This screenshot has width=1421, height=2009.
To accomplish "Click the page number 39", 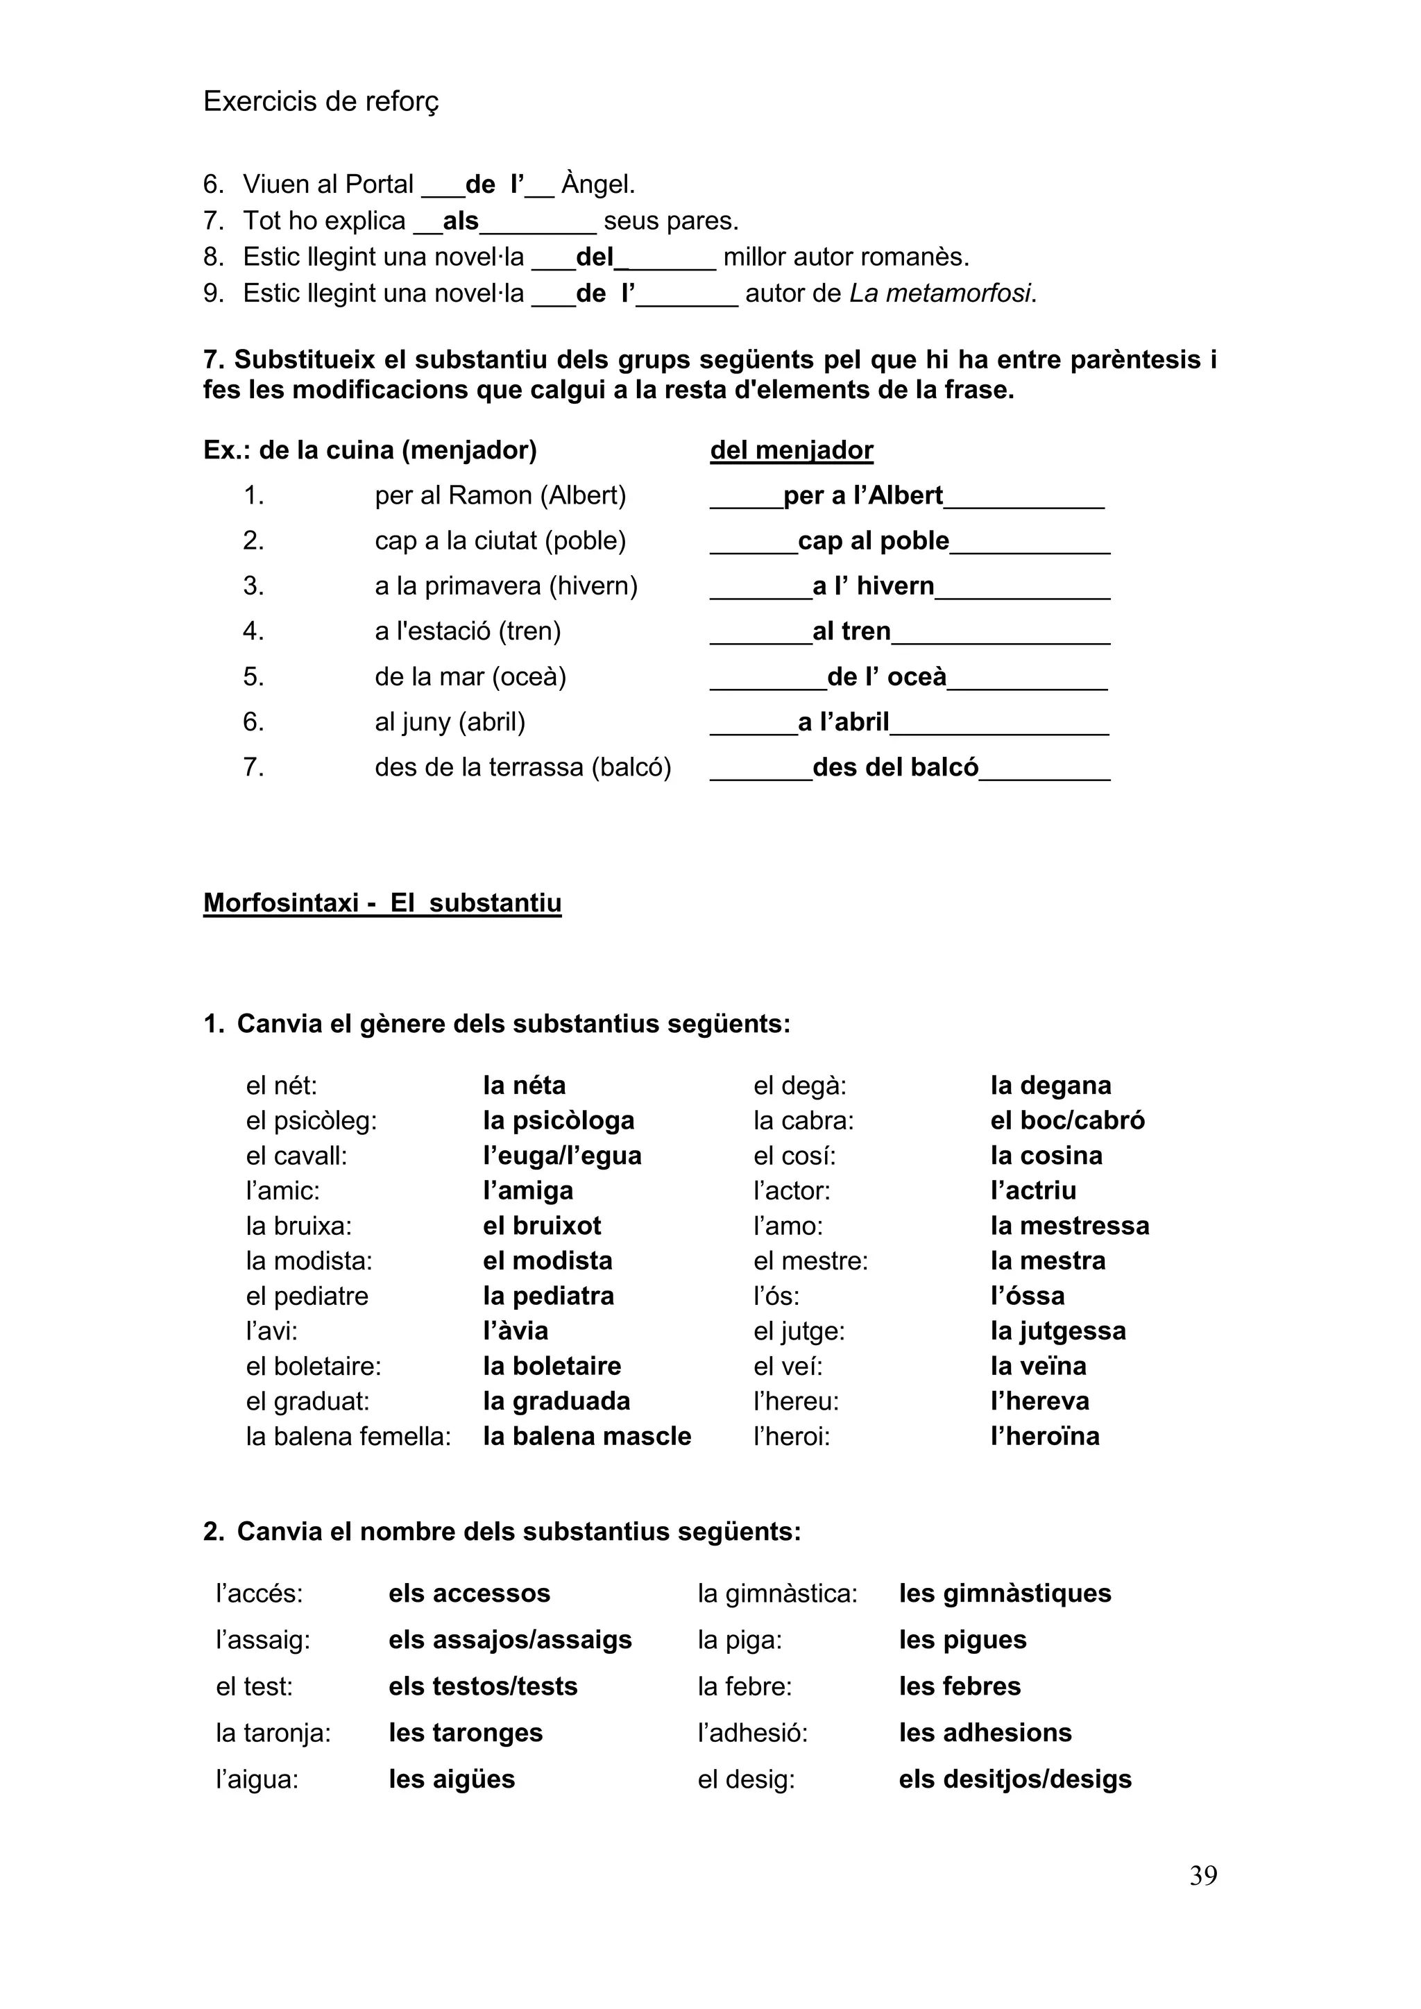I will click(x=1202, y=1875).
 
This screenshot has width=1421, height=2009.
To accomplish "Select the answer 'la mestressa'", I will click(x=1069, y=1225).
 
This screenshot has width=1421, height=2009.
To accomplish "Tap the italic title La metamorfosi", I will click(x=942, y=293).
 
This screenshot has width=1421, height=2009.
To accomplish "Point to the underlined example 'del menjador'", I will click(x=791, y=451).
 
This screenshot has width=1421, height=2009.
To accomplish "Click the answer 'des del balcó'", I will click(x=895, y=767).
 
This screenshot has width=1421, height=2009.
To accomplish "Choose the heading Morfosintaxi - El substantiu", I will click(x=382, y=903).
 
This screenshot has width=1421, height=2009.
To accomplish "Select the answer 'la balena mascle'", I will click(x=586, y=1436).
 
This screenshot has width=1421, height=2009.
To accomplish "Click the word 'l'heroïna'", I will click(x=1045, y=1436).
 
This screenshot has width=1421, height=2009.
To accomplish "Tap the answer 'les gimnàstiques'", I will click(x=1005, y=1593).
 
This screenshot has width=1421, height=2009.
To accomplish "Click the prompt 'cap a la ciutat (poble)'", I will click(x=500, y=540).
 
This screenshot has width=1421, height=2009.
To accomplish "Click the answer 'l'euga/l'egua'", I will click(x=562, y=1155).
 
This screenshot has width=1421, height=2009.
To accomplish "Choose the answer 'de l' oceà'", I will click(x=886, y=676).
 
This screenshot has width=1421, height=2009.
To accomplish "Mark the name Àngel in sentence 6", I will click(x=597, y=185).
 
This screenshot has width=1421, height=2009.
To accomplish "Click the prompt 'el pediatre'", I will click(x=307, y=1296).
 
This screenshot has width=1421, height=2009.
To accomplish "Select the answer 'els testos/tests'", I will click(x=483, y=1686).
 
